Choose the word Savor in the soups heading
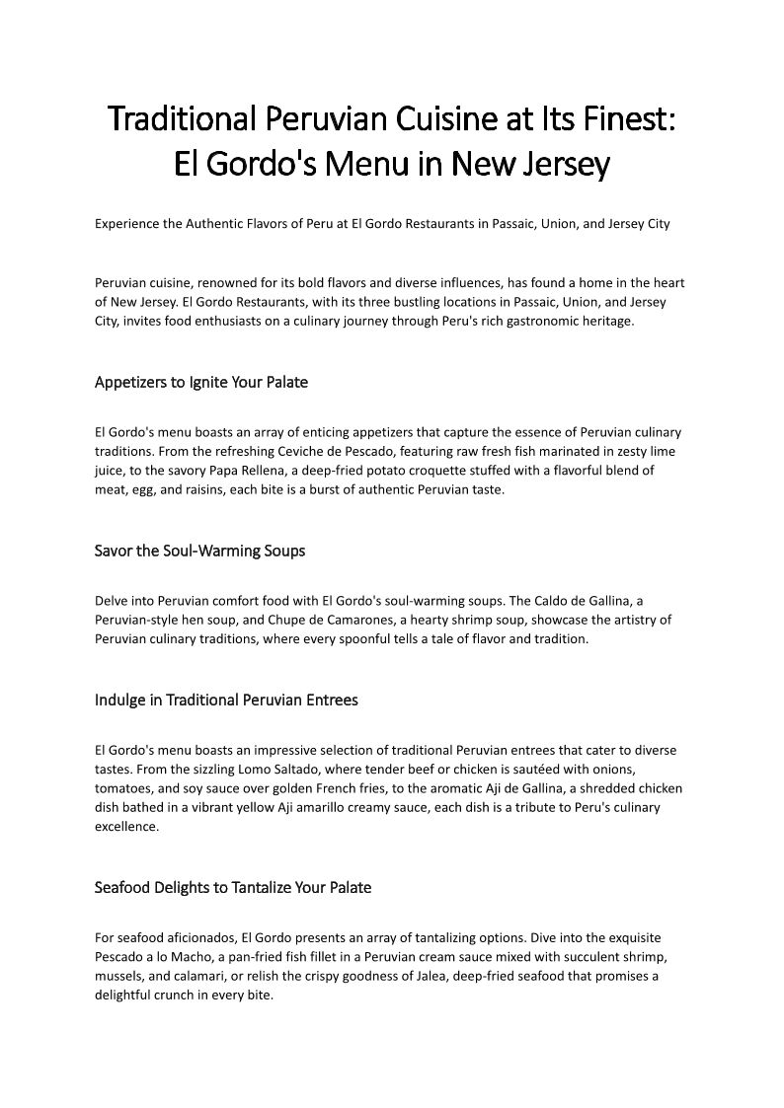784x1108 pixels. tap(114, 551)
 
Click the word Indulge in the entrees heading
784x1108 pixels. tap(119, 700)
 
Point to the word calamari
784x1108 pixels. tap(187, 975)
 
